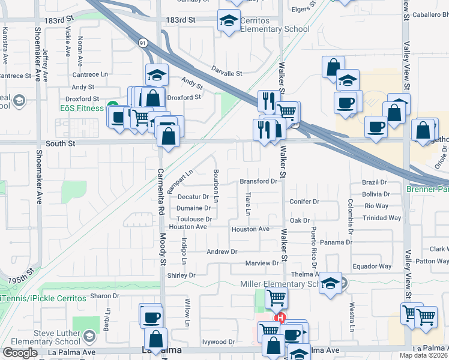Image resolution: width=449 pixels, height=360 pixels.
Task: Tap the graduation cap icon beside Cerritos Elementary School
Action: point(228,21)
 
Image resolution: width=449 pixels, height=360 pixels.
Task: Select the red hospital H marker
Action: point(279,319)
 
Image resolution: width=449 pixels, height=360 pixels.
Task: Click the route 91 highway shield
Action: point(142,43)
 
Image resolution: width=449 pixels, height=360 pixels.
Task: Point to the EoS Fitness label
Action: point(83,108)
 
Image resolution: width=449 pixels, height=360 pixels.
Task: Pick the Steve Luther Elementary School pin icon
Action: point(89,336)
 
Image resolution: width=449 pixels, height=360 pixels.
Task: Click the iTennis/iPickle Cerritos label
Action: point(41,298)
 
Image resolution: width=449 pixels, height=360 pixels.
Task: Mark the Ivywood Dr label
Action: point(218,341)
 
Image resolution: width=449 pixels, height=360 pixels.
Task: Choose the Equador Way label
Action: point(372,266)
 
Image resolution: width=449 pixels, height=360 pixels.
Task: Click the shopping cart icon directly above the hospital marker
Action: point(276,296)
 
